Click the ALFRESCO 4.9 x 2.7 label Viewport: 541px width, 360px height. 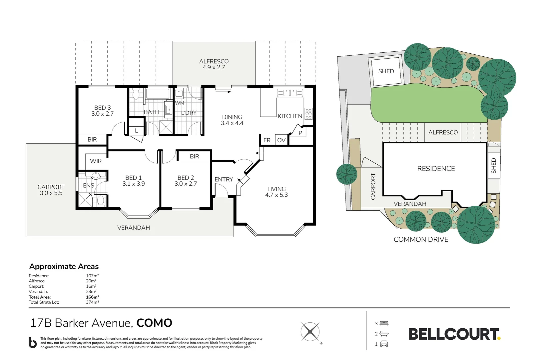214,64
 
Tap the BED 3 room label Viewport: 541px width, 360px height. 103,111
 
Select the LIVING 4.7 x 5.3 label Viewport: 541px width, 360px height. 276,192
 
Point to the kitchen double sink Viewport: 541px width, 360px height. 290,92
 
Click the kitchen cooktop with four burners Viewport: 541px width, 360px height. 308,113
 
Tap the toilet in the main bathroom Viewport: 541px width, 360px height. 136,95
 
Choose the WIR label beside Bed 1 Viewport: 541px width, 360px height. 96,161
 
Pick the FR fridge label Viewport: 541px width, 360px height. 267,140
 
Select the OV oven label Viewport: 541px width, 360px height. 281,140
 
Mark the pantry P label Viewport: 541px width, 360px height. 300,133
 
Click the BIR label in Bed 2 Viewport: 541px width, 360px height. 195,156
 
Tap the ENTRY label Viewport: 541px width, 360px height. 224,179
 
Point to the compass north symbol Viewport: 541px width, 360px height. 310,332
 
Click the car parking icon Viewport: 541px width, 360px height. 384,344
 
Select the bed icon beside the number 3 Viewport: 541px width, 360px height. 384,323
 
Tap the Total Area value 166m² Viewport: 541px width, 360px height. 93,297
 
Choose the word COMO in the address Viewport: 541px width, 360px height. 154,323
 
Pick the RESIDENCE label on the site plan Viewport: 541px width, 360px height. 436,169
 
